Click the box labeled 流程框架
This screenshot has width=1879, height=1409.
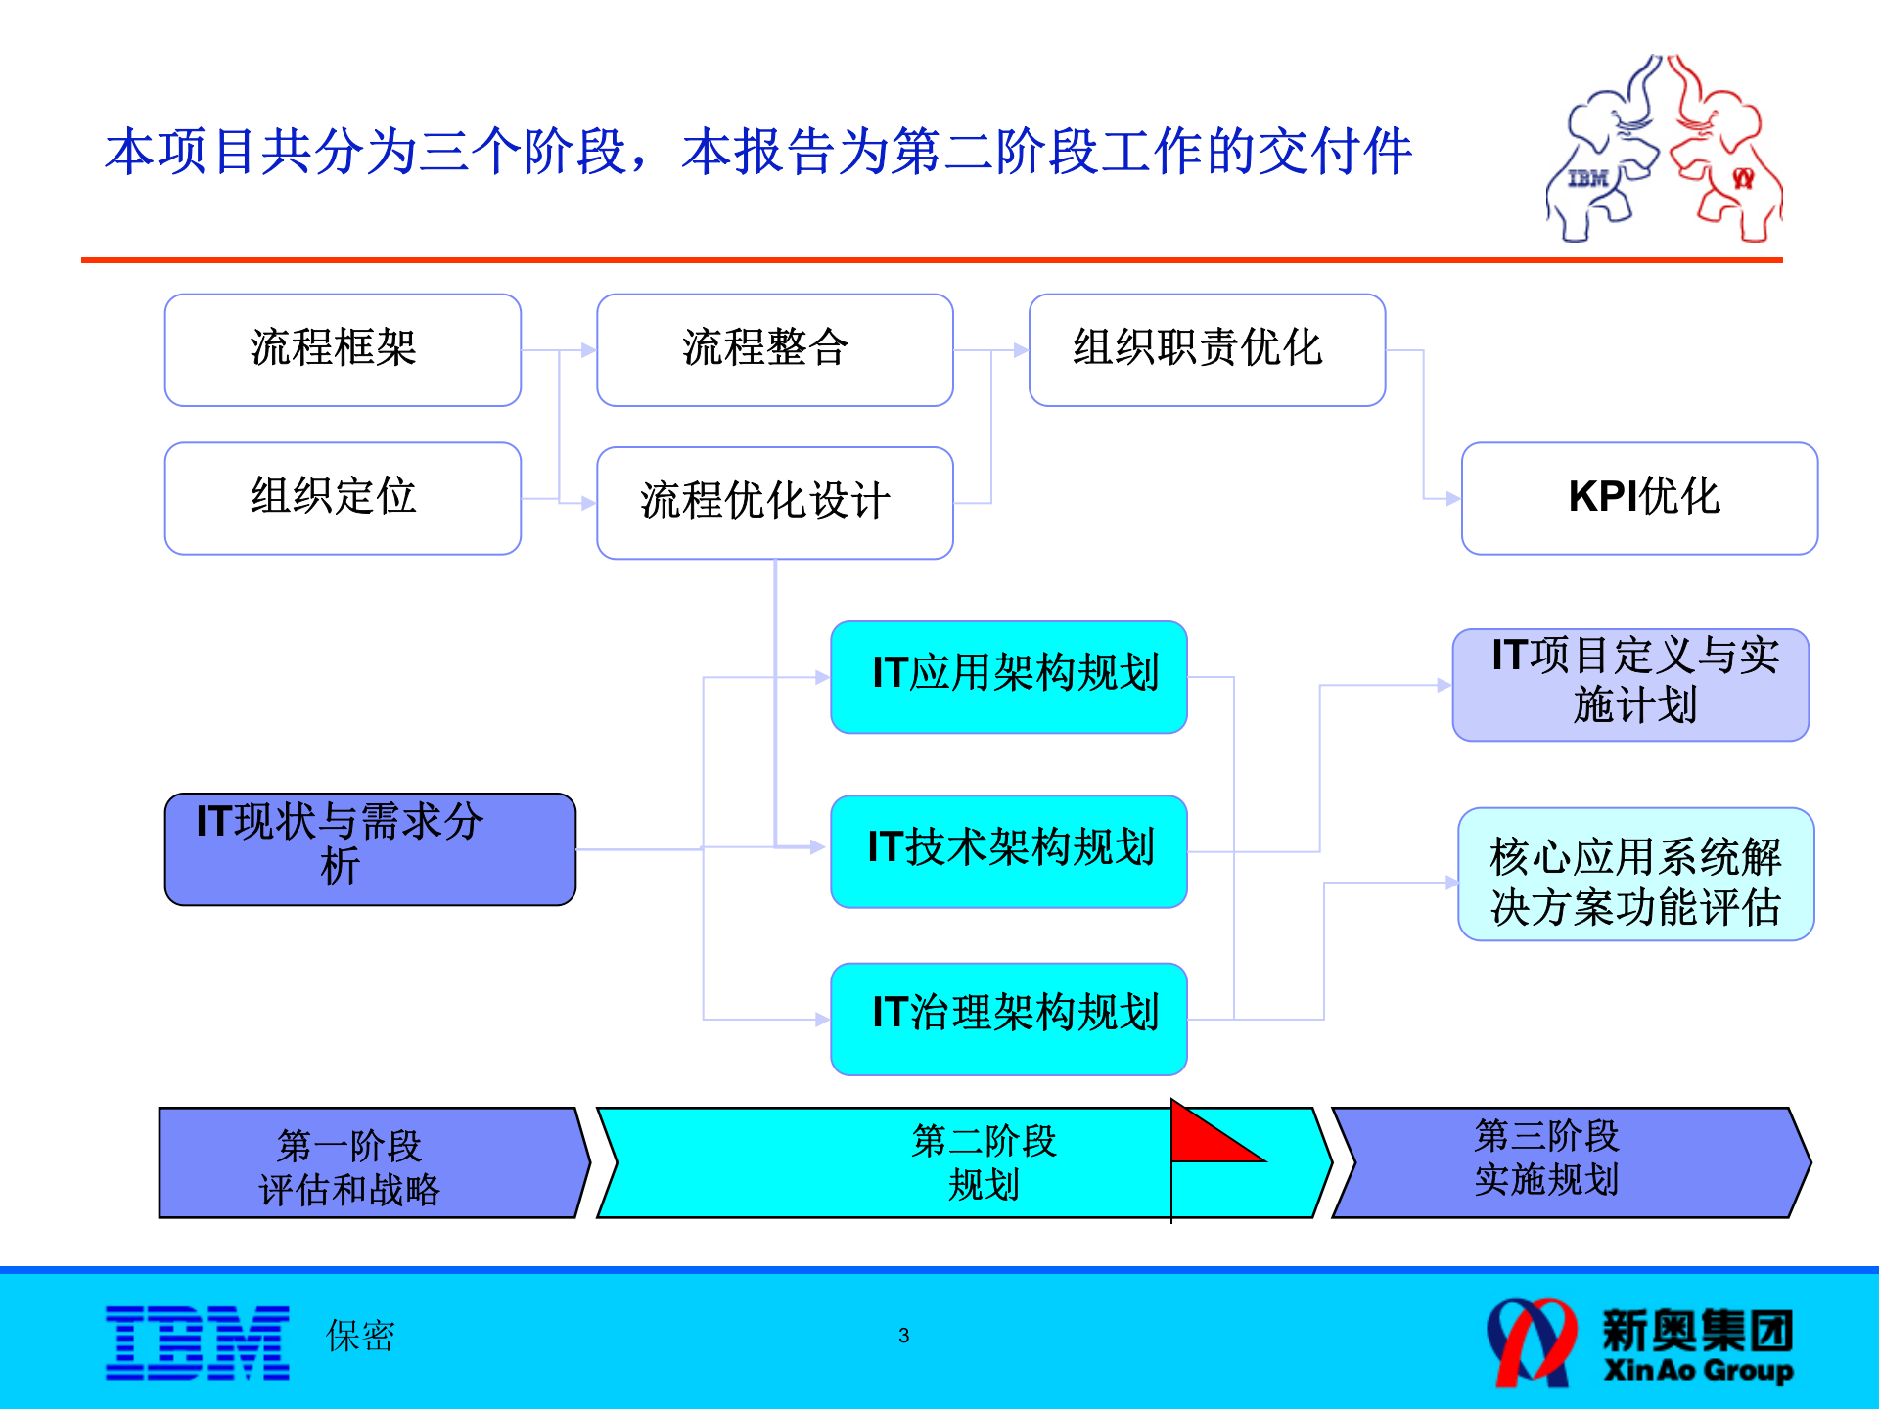click(x=343, y=349)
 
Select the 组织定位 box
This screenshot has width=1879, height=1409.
click(x=343, y=498)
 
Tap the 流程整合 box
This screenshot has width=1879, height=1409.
click(x=774, y=349)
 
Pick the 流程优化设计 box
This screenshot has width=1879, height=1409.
click(x=774, y=502)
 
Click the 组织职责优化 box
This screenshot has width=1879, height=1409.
click(x=1207, y=349)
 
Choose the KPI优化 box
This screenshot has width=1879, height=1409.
click(x=1639, y=498)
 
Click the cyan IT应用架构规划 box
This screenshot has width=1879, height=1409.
click(x=1008, y=676)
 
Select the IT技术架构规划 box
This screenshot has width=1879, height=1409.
click(x=1008, y=850)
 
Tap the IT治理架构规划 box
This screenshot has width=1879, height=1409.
click(x=1008, y=1018)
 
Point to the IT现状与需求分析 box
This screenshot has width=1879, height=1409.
click(x=370, y=848)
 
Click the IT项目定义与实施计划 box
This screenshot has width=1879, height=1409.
click(x=1630, y=684)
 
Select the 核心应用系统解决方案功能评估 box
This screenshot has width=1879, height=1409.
click(x=1635, y=874)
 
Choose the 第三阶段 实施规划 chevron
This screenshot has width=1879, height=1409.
click(x=1566, y=1162)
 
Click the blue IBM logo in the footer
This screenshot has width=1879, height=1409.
click(x=198, y=1342)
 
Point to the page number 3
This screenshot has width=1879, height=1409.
click(x=903, y=1336)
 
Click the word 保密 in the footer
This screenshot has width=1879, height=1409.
click(x=360, y=1336)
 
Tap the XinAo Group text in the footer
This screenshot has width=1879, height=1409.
click(x=1698, y=1370)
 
